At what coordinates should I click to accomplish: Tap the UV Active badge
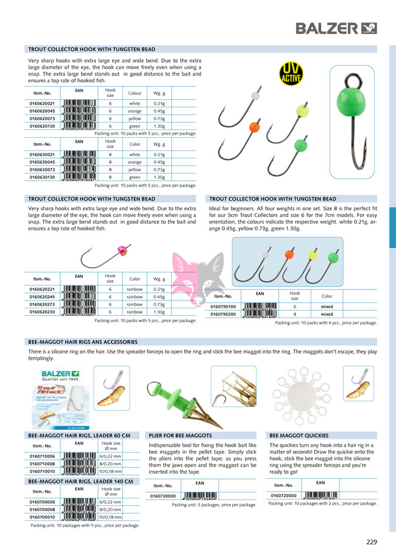tap(289, 75)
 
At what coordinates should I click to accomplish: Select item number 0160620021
tap(43, 104)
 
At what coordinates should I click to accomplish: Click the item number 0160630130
tap(43, 177)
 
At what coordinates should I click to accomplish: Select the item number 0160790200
tap(223, 314)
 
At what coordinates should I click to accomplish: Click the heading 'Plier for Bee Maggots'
tap(180, 436)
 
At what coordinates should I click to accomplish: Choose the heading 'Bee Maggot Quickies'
tap(299, 436)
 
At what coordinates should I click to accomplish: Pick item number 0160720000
tap(283, 495)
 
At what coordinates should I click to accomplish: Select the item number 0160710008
tap(43, 464)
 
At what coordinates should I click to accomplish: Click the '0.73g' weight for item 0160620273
tap(159, 304)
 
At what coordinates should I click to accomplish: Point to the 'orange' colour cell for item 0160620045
tap(135, 112)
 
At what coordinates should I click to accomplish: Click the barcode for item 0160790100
tap(260, 307)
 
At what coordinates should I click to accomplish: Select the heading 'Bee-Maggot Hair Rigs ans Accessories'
tap(83, 342)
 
